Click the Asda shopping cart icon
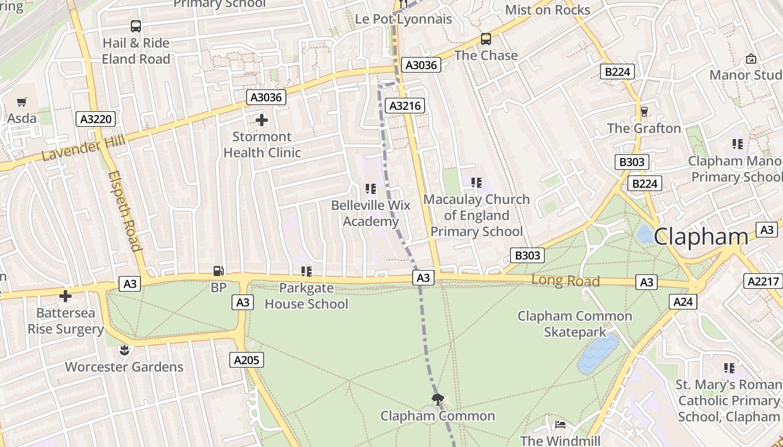tap(22, 102)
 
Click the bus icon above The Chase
tap(486, 39)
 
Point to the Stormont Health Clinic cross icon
tap(261, 120)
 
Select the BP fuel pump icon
tap(219, 272)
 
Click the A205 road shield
tap(246, 360)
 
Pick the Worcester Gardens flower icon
tap(124, 350)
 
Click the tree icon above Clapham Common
tap(438, 399)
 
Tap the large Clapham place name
tap(700, 236)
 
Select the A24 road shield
tap(683, 302)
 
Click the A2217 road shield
tap(763, 282)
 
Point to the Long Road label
tap(565, 280)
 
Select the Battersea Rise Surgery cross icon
tap(65, 296)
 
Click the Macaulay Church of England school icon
tap(476, 183)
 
